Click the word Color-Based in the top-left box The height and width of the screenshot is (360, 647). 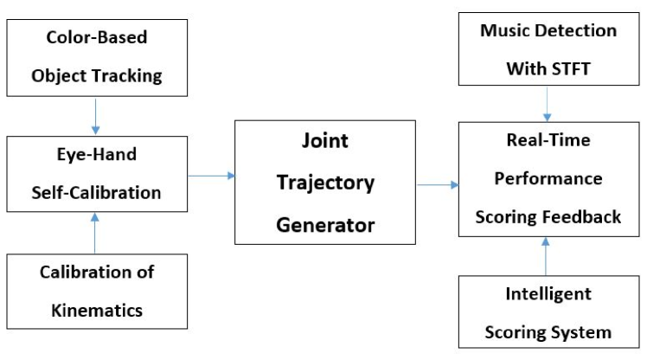point(96,38)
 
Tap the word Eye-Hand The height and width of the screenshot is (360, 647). point(96,157)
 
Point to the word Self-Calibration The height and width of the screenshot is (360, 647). point(96,192)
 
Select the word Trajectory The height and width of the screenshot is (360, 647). point(324,183)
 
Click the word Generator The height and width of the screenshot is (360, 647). point(324,225)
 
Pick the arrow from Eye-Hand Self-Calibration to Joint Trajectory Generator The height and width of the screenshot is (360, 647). point(212,176)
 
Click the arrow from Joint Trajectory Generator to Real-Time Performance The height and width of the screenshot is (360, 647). point(438,183)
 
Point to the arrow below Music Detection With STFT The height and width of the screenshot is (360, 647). point(547,104)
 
